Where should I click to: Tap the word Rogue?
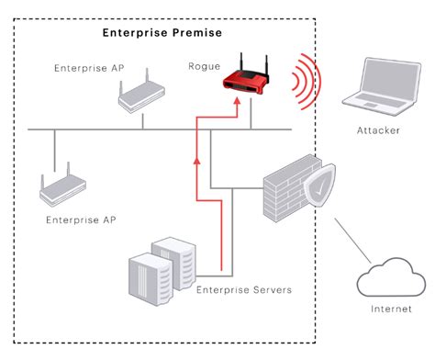[x=203, y=66]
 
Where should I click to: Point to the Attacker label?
[x=378, y=130]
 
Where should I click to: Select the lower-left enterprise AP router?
[x=61, y=189]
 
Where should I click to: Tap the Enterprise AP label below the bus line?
[x=81, y=220]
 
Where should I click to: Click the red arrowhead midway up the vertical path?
[x=195, y=160]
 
